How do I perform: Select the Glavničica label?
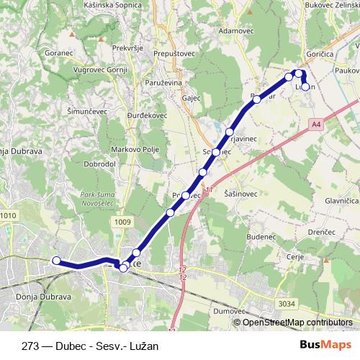341,202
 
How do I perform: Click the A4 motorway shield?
316,125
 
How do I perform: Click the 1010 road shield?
8,215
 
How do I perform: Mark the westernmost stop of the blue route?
55,261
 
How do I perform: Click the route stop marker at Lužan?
305,87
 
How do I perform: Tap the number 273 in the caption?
32,345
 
